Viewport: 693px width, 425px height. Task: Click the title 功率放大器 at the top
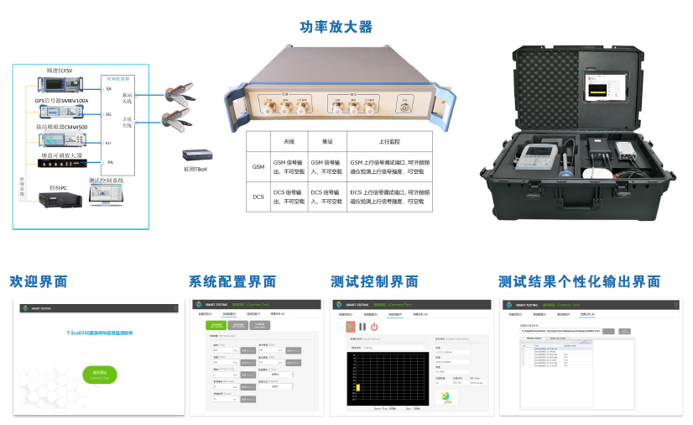point(336,27)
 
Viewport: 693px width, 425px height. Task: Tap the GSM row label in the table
point(258,166)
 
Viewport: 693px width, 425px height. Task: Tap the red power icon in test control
point(374,326)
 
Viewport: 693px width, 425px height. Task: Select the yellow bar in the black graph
point(358,387)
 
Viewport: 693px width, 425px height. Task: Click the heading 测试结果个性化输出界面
point(579,281)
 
